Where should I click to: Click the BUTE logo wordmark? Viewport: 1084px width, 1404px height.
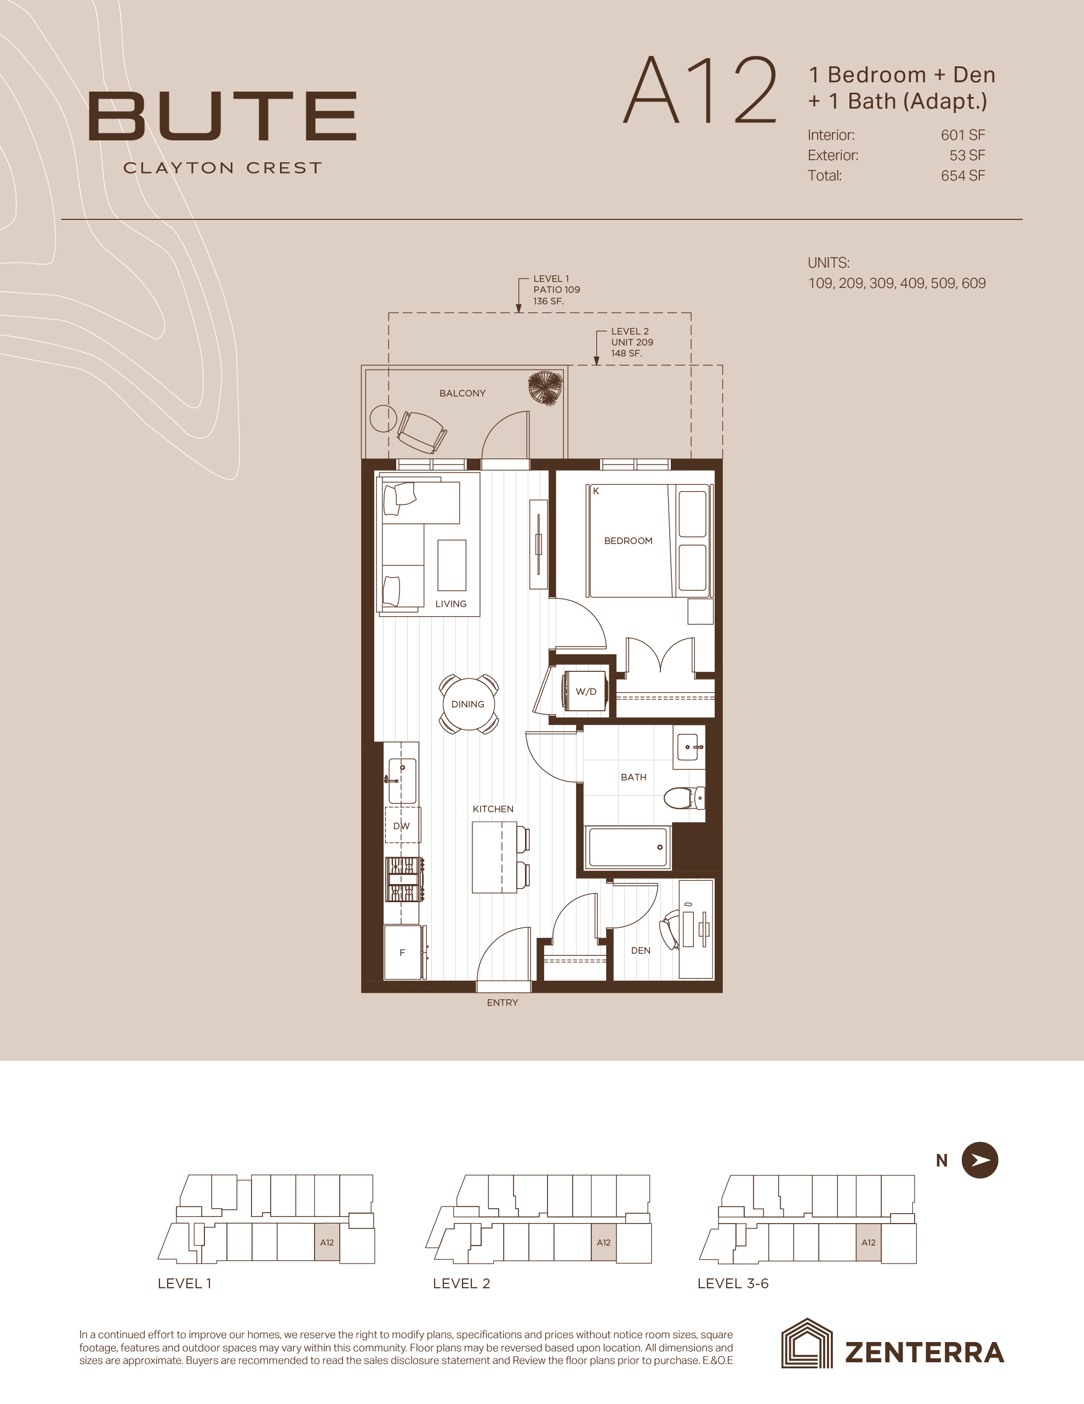pos(222,116)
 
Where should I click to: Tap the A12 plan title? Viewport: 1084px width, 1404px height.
pos(700,90)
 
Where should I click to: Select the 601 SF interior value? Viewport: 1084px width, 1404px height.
pos(962,135)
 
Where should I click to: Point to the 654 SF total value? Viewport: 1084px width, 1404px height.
pos(962,175)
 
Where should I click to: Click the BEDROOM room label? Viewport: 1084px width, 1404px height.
pos(628,541)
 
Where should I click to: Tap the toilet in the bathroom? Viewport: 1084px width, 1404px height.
pos(684,799)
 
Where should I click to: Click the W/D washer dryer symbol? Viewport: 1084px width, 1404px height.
pos(585,691)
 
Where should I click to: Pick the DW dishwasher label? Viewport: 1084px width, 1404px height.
pos(402,826)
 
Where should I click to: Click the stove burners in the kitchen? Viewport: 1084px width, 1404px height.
pos(403,879)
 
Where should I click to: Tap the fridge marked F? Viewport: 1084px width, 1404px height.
pos(403,952)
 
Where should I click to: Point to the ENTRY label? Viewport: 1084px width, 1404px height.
pos(502,1002)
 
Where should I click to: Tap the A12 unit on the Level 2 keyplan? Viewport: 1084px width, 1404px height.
pos(603,1243)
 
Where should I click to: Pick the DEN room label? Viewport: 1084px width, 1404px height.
pos(641,950)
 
